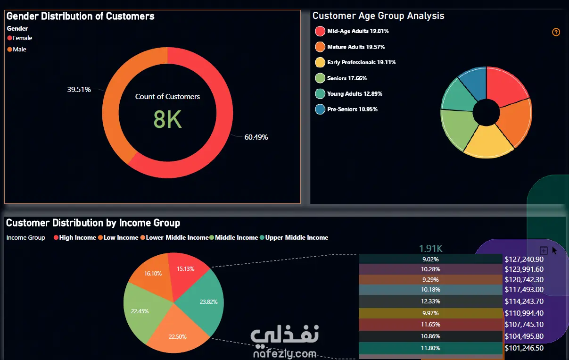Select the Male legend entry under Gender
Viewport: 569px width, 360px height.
(19, 49)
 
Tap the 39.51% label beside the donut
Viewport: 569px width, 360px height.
(79, 89)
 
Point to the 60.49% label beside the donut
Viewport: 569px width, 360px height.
(256, 137)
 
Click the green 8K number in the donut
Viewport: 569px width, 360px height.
(167, 120)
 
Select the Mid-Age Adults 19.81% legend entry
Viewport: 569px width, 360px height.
(357, 31)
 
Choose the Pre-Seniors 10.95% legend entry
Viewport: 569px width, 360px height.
(352, 109)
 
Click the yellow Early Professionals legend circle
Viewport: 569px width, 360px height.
(320, 62)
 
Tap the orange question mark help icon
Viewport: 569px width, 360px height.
(556, 32)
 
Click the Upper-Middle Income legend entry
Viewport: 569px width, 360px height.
(297, 238)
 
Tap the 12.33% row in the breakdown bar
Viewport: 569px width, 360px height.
(430, 301)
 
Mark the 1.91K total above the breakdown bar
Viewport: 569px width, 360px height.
(431, 248)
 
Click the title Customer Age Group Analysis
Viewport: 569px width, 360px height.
(378, 16)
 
